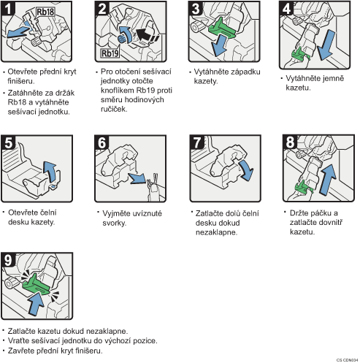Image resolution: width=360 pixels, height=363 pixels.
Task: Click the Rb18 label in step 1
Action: (x=45, y=12)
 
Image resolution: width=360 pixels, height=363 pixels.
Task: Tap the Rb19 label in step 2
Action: (x=110, y=53)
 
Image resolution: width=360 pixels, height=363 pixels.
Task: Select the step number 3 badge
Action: (x=196, y=8)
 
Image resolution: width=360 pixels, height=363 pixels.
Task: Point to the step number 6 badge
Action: (x=102, y=142)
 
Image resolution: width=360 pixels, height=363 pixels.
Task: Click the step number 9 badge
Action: (x=8, y=260)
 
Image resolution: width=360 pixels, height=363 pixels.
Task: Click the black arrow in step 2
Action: (x=147, y=36)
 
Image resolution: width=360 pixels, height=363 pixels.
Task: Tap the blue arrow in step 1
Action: (x=19, y=31)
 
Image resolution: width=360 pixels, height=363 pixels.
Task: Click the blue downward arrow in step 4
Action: (x=326, y=45)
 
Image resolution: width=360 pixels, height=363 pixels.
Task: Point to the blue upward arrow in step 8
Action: (x=328, y=180)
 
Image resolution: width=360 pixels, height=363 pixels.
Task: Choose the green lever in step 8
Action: (x=303, y=187)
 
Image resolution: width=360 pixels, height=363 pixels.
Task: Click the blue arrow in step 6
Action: (x=137, y=178)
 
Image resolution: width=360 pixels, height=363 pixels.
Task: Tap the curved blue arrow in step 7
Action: (x=247, y=169)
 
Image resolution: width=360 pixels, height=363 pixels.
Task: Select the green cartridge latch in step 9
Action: (x=36, y=284)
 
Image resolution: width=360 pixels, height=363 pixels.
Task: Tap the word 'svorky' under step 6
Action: (x=114, y=223)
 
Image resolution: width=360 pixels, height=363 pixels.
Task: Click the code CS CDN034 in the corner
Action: (x=347, y=360)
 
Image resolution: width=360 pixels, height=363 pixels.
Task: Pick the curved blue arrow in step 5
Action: (x=50, y=172)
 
